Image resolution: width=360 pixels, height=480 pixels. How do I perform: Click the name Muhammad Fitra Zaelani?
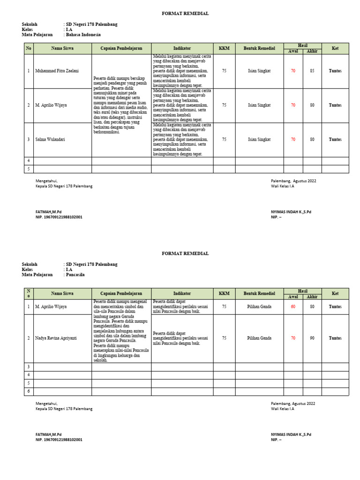pyautogui.click(x=57, y=71)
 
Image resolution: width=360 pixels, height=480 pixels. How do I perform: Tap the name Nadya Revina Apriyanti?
pyautogui.click(x=56, y=338)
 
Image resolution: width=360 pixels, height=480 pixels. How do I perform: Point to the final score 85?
pyautogui.click(x=312, y=71)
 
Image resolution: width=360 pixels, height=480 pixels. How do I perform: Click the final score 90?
pyautogui.click(x=312, y=338)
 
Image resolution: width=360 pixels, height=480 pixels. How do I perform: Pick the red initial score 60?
pyautogui.click(x=293, y=307)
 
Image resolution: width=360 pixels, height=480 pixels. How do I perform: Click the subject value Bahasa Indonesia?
pyautogui.click(x=80, y=35)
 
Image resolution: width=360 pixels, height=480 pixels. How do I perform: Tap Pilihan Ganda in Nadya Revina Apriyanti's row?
pyautogui.click(x=259, y=338)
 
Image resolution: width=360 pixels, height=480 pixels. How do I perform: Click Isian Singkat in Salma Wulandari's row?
pyautogui.click(x=259, y=139)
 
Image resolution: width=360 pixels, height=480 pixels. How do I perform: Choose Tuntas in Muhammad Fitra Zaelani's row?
pyautogui.click(x=335, y=71)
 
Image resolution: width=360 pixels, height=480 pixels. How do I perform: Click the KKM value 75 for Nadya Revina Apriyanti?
pyautogui.click(x=224, y=338)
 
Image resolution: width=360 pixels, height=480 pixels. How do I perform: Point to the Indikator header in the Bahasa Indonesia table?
pyautogui.click(x=182, y=48)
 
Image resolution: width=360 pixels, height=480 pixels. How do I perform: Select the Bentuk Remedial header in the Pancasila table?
pyautogui.click(x=259, y=293)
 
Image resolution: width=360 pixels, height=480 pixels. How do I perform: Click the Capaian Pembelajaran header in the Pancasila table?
pyautogui.click(x=121, y=293)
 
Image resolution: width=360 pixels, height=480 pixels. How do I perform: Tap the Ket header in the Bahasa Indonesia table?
pyautogui.click(x=335, y=48)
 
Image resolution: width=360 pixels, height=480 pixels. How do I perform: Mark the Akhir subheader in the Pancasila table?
pyautogui.click(x=312, y=297)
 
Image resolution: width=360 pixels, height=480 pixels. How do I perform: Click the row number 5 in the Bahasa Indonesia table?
pyautogui.click(x=29, y=169)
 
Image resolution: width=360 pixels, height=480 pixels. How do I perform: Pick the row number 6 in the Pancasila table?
pyautogui.click(x=29, y=391)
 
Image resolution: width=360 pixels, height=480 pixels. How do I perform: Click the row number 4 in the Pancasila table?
pyautogui.click(x=29, y=375)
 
